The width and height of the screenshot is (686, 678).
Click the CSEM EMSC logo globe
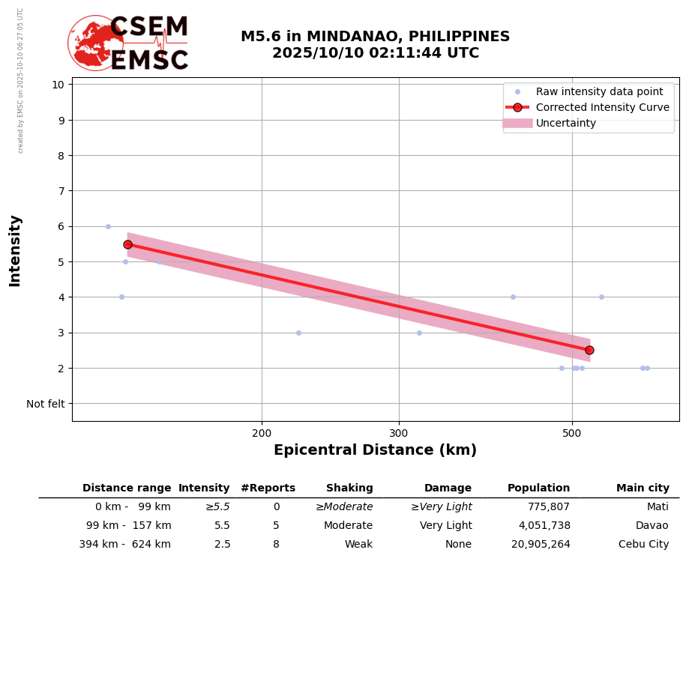[x=95, y=43]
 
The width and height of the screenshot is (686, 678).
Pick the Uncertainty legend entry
[x=565, y=123]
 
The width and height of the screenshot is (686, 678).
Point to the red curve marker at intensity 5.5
[x=127, y=244]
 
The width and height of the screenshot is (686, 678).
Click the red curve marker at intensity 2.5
[x=589, y=350]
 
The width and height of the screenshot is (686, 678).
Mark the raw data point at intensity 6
[x=108, y=226]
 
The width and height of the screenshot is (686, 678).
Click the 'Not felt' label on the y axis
[x=46, y=404]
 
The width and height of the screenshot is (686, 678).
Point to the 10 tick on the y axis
[x=58, y=84]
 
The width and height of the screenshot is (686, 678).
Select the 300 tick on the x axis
[x=399, y=432]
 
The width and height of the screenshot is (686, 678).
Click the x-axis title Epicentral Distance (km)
[x=375, y=450]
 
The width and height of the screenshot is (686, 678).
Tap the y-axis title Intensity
[x=15, y=250]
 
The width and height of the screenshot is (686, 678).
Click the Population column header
[x=538, y=488]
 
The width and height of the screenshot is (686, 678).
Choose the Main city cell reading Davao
[x=652, y=526]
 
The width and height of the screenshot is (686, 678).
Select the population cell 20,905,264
[x=540, y=545]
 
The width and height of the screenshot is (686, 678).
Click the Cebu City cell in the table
[x=643, y=545]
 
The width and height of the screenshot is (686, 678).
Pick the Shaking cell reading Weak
[x=358, y=545]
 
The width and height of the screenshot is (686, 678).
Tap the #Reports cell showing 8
[x=276, y=545]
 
